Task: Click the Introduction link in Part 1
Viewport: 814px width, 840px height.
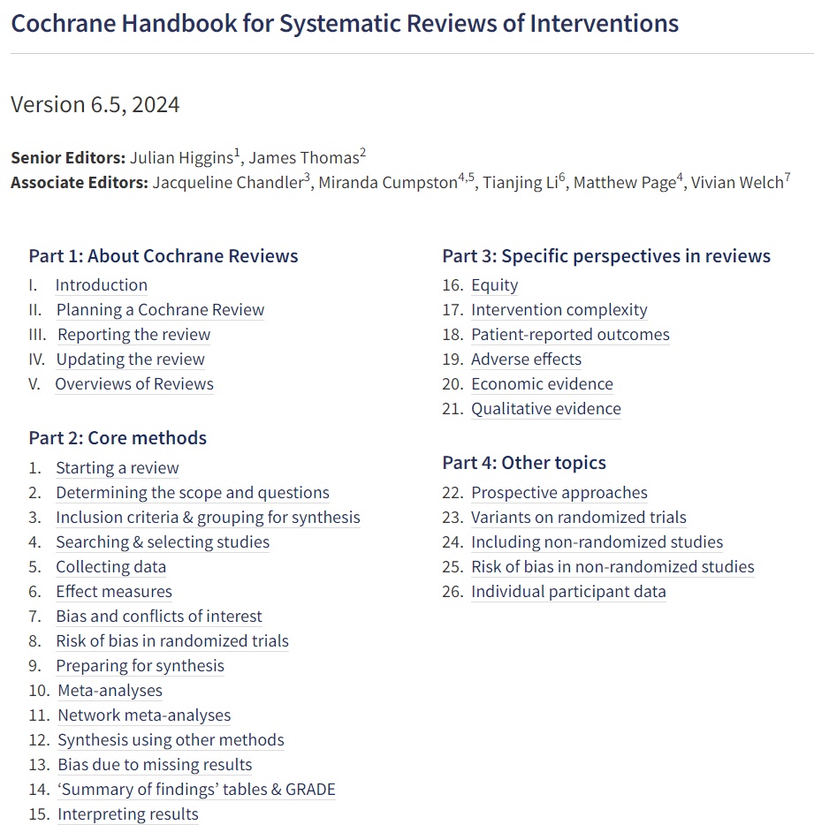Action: pos(101,285)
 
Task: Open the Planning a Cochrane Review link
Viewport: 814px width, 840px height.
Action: pos(160,310)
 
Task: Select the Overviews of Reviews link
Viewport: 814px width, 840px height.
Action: pos(134,384)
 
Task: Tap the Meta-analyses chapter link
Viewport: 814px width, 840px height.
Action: pos(110,691)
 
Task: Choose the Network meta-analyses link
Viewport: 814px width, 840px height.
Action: pos(144,715)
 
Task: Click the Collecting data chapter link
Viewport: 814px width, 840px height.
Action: pos(110,567)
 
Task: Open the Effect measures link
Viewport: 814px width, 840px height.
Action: pos(114,592)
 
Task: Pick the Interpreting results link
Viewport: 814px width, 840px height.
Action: pos(128,814)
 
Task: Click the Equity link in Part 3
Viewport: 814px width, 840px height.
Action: pos(494,285)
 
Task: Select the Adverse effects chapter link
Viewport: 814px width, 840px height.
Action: pos(526,359)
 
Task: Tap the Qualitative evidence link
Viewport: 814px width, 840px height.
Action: pos(545,409)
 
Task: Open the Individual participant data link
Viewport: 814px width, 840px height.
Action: pos(568,592)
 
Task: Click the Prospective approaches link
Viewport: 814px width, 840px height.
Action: pos(559,493)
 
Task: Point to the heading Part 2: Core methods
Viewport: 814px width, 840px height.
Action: pos(118,438)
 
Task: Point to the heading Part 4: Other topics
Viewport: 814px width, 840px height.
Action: pos(524,463)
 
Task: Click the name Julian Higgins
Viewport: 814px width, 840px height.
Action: pos(180,158)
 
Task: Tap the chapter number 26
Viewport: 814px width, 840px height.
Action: pos(453,592)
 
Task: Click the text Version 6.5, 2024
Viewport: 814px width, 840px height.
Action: pos(95,104)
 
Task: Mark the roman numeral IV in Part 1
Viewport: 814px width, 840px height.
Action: pos(37,359)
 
